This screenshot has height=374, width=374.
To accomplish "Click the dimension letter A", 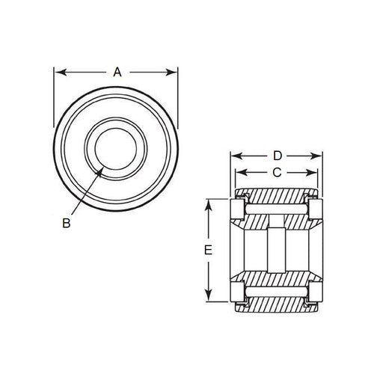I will pos(117,73).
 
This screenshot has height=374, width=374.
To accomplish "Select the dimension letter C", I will pos(276,173).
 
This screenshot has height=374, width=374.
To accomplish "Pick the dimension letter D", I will pos(277,156).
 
